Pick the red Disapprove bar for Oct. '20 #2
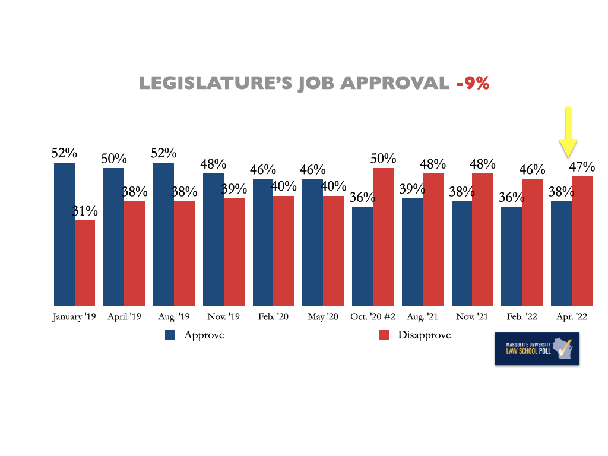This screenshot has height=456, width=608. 383,237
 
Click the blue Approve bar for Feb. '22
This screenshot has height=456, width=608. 511,256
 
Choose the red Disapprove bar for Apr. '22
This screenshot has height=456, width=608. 582,241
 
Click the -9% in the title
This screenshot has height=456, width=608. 473,84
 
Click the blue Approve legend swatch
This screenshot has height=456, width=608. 170,335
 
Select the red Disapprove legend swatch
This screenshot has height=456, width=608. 384,335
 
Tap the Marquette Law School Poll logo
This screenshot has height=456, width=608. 537,348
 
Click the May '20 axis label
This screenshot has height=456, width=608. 322,317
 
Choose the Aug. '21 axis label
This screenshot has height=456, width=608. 422,317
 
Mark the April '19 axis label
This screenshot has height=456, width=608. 124,317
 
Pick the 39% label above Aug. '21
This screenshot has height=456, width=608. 412,189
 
